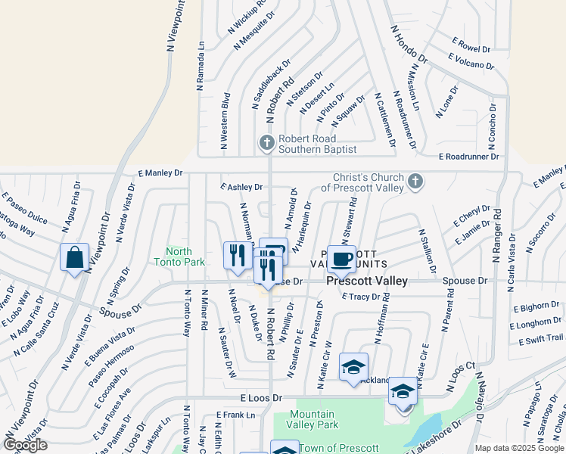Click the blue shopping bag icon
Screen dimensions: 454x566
[x=75, y=257]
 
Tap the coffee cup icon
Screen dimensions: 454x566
[x=341, y=259]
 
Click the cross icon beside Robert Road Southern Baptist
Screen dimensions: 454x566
[x=266, y=142]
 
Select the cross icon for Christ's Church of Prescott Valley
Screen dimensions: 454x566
[x=414, y=182]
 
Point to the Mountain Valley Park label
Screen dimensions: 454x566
[x=312, y=419]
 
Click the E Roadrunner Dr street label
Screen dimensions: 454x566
[x=469, y=157]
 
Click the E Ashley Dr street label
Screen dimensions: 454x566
[x=241, y=186]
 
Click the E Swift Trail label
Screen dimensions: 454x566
[x=541, y=340]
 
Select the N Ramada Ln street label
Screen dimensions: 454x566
[x=201, y=66]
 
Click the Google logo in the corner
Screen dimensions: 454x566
[x=25, y=444]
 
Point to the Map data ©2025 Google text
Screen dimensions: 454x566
[x=518, y=448]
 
